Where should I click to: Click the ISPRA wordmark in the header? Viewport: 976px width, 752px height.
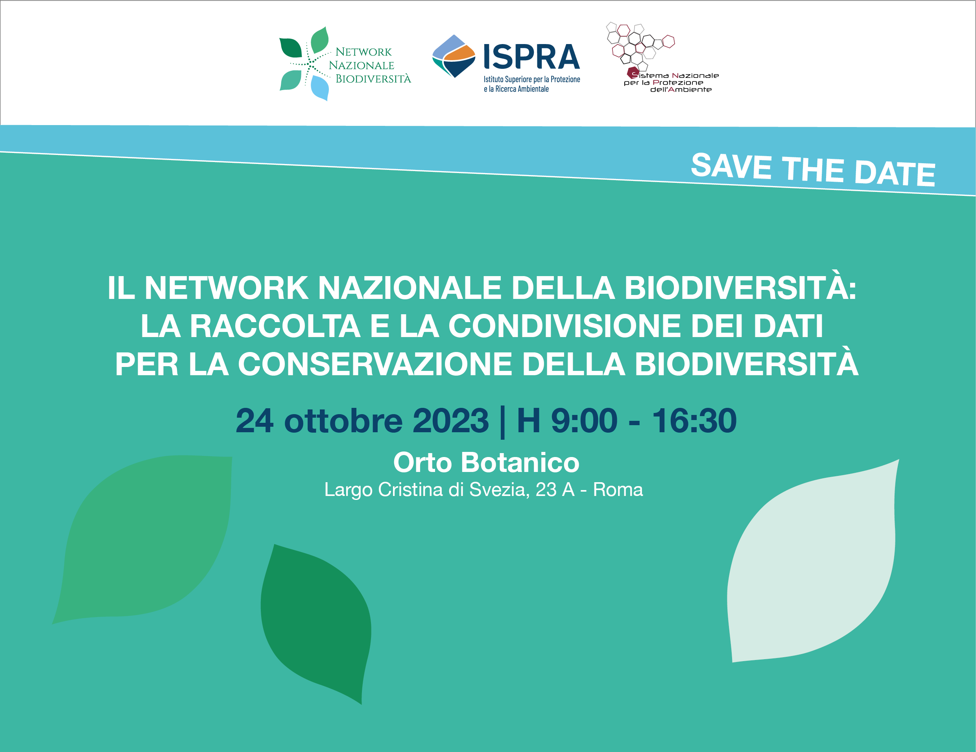pos(532,57)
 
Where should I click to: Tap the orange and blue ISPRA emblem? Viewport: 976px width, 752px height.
pos(454,56)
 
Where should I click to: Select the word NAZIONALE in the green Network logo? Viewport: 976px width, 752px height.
pos(361,65)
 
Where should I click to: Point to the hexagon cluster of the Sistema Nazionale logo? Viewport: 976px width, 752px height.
pos(639,45)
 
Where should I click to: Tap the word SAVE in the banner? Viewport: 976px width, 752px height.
pos(731,166)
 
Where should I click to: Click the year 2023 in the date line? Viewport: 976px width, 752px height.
pos(450,420)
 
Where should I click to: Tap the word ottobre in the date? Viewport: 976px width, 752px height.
pos(343,420)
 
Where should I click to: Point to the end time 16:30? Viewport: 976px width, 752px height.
pos(694,420)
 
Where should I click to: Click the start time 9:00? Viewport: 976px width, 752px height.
pos(584,420)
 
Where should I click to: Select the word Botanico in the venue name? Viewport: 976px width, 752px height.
pos(520,462)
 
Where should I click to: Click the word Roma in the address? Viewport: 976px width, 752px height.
pos(618,490)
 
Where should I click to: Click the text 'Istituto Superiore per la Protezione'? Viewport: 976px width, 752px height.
pos(532,79)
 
